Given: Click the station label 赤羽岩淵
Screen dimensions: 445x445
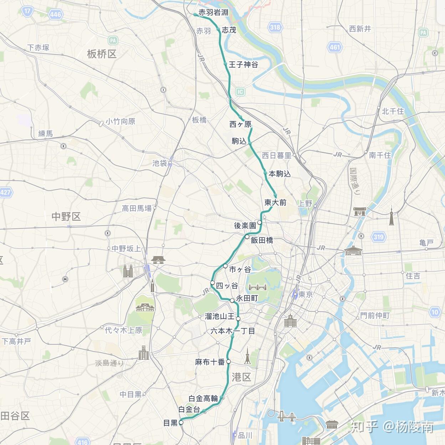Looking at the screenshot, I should pos(213,12).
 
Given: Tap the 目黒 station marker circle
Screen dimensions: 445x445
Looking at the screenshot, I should pos(181,423).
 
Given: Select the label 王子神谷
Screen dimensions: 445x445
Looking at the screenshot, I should pos(243,65).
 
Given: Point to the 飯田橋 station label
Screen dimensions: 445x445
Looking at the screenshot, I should pos(262,240).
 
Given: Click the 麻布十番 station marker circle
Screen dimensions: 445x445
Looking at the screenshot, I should pos(229,362).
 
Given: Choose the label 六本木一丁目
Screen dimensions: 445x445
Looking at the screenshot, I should pos(232,331).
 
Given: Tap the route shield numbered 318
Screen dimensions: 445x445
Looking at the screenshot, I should pos(275,27).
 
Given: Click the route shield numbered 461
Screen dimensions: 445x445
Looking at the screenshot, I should pos(334,47).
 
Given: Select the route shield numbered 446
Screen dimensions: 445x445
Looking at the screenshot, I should pos(56,15).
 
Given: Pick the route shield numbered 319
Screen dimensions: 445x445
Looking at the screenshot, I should pos(378,237).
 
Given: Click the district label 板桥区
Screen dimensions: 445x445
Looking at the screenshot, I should pos(102,54).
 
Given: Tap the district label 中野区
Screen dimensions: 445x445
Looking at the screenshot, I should pos(66,216).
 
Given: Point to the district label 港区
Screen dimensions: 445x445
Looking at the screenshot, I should pos(241,377).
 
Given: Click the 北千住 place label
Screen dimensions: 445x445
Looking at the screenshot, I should pos(393,111).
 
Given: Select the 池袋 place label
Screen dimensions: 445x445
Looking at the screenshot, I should pos(159,163).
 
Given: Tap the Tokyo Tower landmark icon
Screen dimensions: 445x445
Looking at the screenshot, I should pos(247,356).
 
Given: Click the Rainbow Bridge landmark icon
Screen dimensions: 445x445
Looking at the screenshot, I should pos(287,416).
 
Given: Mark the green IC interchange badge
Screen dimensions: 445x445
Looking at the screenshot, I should pos(240,92).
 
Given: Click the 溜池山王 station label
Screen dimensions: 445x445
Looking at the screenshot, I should pos(220,316).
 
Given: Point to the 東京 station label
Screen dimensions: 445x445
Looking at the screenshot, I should pos(306,295).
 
